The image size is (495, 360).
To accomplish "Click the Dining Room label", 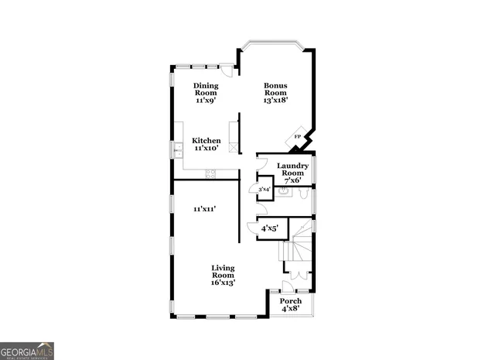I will click(206, 93).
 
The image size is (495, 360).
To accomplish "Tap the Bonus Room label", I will click(275, 93).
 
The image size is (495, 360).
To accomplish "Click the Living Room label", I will click(223, 275).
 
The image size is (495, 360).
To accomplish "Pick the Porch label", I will click(291, 304).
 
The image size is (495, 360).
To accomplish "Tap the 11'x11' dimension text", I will click(204, 208).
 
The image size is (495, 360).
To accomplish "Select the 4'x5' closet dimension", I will click(269, 228).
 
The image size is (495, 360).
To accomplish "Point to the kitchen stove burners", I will click(210, 174).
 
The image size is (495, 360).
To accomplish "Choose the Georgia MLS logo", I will click(27, 350).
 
